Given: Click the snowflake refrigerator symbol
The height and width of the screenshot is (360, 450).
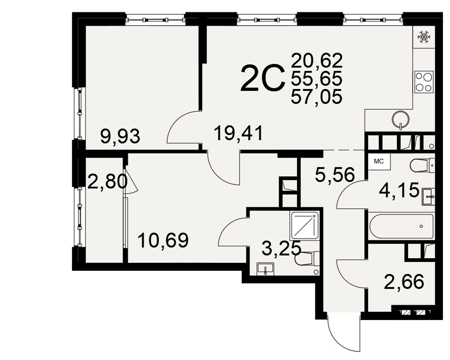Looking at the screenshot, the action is (x=423, y=38).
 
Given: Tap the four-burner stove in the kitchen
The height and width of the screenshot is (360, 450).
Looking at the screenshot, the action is (x=424, y=82).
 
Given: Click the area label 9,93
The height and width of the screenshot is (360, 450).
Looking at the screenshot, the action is (x=120, y=136).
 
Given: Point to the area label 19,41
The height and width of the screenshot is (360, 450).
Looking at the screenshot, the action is (x=238, y=134).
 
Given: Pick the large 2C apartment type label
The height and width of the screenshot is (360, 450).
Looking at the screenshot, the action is (x=263, y=79).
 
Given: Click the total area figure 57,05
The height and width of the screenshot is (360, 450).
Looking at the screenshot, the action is (x=316, y=96).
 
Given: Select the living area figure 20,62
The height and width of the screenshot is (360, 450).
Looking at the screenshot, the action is (x=317, y=60).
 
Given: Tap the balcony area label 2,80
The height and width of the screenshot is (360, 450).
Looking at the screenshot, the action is (x=107, y=182).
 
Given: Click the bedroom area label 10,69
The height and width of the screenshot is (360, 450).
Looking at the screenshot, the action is (x=163, y=241).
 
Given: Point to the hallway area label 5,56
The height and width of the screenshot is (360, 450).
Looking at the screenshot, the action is (x=335, y=175).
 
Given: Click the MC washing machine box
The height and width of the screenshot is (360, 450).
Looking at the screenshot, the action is (x=379, y=162).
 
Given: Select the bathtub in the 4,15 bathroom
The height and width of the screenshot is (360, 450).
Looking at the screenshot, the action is (x=401, y=226).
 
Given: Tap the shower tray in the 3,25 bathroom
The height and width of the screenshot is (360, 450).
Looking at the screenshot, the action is (x=305, y=225).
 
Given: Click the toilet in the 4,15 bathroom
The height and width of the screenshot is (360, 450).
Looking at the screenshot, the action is (x=423, y=166).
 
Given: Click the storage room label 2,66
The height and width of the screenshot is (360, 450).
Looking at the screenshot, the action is (x=404, y=282).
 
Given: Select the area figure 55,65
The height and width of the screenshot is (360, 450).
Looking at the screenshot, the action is (x=316, y=78).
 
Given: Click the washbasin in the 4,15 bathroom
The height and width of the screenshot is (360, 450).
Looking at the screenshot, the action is (x=428, y=197).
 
